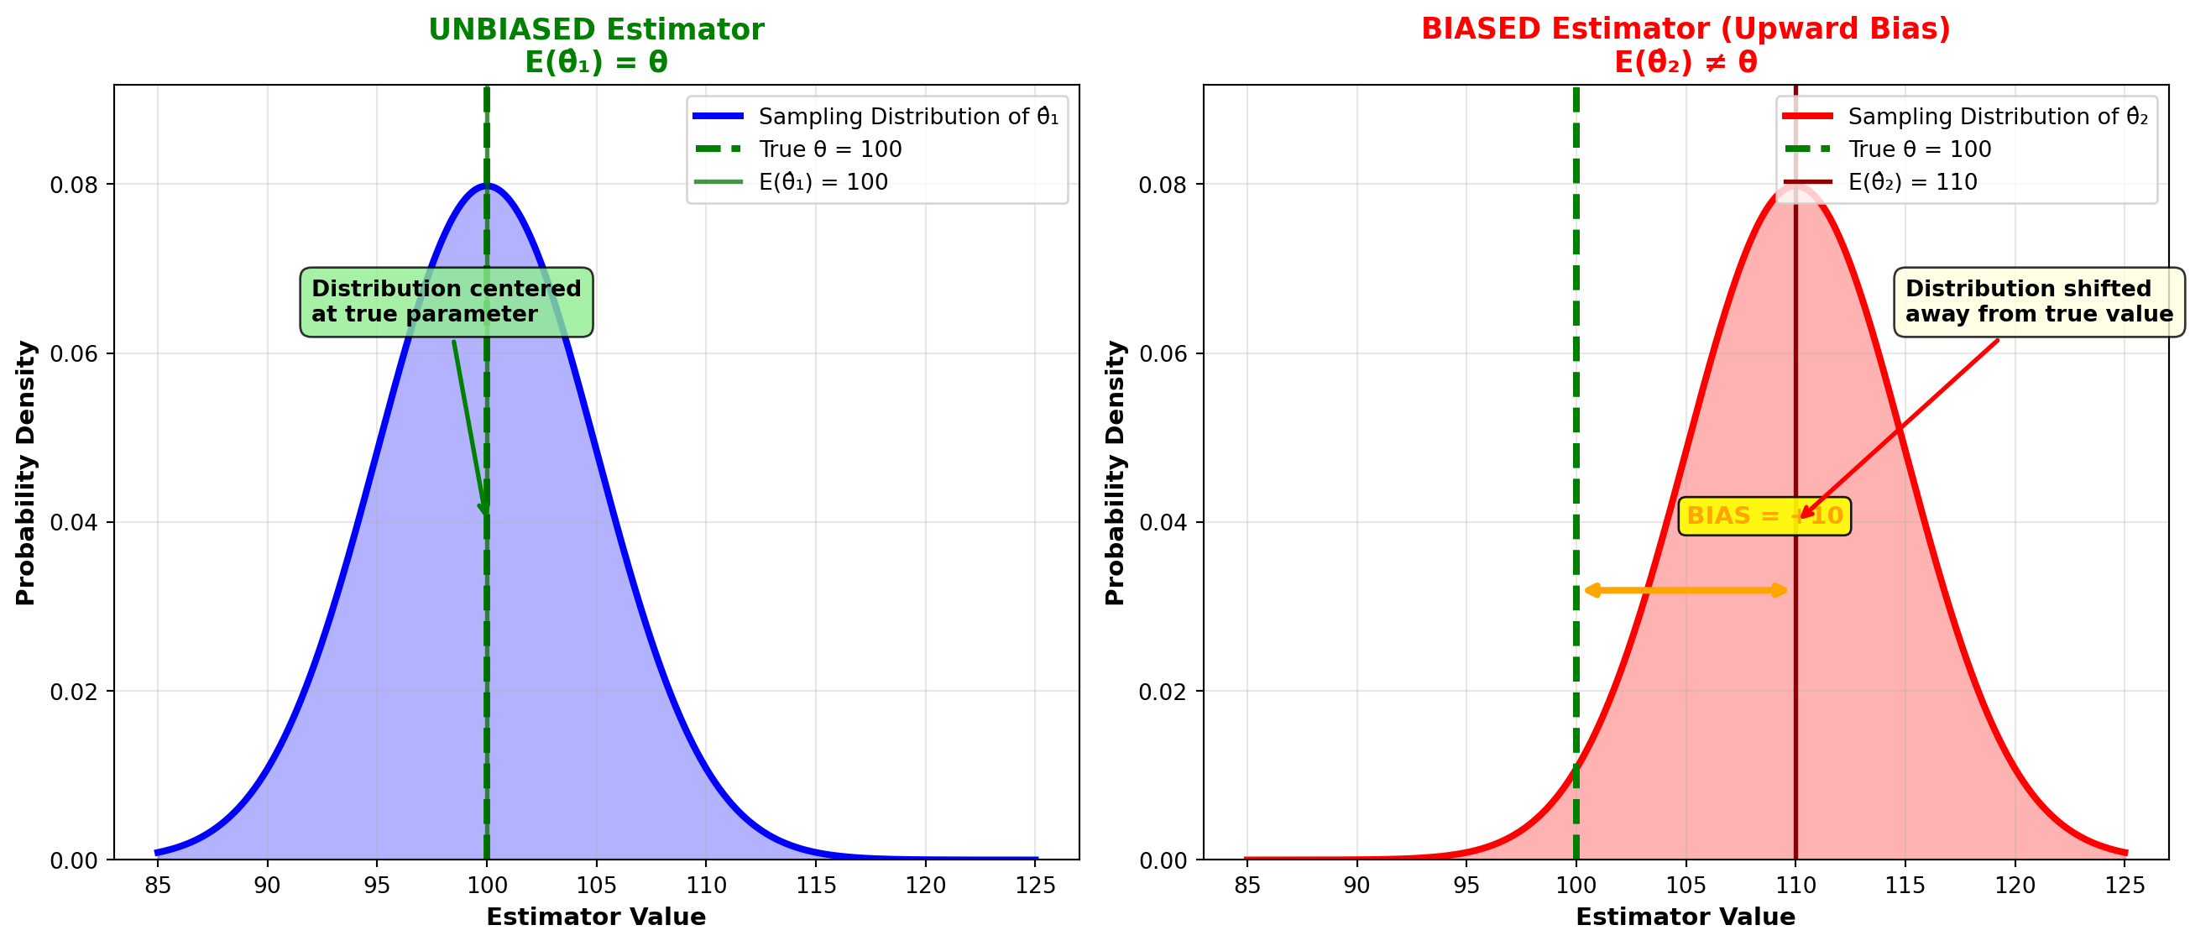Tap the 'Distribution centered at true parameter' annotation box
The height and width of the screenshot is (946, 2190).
(447, 301)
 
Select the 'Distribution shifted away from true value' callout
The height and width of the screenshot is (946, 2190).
(2039, 301)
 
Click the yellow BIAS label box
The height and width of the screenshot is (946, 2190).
(1764, 516)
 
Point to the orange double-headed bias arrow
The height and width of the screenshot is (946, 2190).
(1685, 590)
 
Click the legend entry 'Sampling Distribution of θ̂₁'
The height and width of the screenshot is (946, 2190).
(908, 117)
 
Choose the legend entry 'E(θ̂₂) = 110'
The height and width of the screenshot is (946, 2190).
(1912, 182)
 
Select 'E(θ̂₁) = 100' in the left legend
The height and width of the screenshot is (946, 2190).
(823, 182)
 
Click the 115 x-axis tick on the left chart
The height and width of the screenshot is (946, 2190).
(815, 886)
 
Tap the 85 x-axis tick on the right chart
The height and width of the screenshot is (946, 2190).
(1247, 886)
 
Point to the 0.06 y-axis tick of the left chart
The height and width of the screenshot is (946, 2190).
(74, 353)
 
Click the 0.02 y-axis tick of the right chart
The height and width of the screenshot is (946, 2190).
(1163, 692)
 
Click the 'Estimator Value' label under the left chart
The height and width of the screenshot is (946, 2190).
(596, 917)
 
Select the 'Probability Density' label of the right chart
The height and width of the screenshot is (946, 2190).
(1115, 473)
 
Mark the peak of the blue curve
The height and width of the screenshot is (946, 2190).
(486, 186)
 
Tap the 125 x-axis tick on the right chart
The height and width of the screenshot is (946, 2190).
(2124, 886)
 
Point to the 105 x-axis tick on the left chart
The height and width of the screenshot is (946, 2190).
(596, 886)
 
